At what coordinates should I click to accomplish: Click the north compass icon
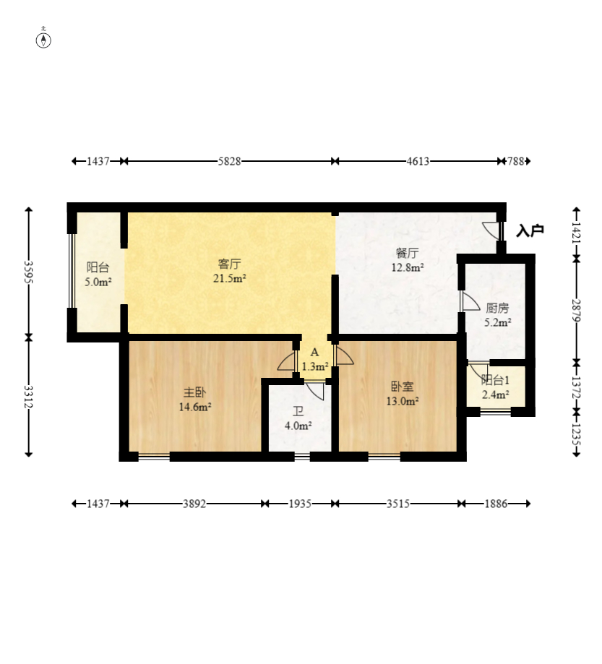tap(43, 40)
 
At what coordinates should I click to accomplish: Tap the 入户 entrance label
tap(530, 230)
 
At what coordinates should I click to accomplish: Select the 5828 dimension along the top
tap(229, 161)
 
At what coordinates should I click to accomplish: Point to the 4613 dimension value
tap(418, 161)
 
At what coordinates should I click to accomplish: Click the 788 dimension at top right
tap(515, 161)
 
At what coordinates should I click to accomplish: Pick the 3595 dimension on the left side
tap(28, 272)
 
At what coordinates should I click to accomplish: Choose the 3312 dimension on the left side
tap(28, 397)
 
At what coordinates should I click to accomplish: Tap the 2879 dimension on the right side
tap(576, 311)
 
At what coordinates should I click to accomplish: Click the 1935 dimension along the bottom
tap(300, 504)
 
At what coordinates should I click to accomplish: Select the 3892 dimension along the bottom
tap(194, 504)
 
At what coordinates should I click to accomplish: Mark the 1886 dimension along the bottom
tap(496, 504)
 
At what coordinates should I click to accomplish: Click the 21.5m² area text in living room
tap(230, 278)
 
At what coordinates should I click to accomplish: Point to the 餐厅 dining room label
tap(408, 253)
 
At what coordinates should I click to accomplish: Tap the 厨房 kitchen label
tap(497, 308)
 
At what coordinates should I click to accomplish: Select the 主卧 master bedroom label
tap(194, 392)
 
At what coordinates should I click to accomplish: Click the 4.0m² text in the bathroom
tap(298, 426)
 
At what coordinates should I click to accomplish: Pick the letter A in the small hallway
tap(314, 353)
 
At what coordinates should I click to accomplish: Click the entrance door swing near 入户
tap(491, 230)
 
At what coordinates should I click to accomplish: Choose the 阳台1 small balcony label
tap(495, 380)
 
